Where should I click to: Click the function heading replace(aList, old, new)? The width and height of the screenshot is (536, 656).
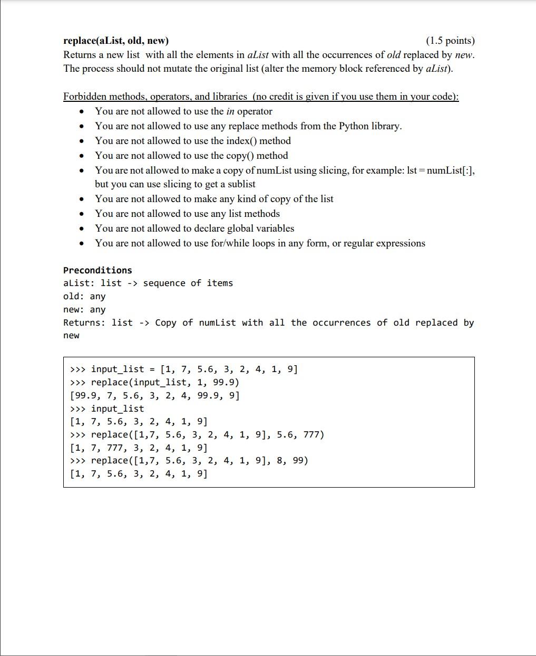[116, 41]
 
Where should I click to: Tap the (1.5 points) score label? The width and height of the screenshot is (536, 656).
[450, 41]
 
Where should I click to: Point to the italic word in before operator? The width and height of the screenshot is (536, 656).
[230, 111]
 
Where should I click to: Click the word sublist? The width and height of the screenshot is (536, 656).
[241, 184]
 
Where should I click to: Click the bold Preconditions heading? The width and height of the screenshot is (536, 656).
[98, 270]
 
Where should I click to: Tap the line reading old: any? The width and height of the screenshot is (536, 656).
[84, 297]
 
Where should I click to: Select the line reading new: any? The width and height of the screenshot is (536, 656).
[84, 310]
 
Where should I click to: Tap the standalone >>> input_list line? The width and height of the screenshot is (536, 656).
[106, 409]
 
